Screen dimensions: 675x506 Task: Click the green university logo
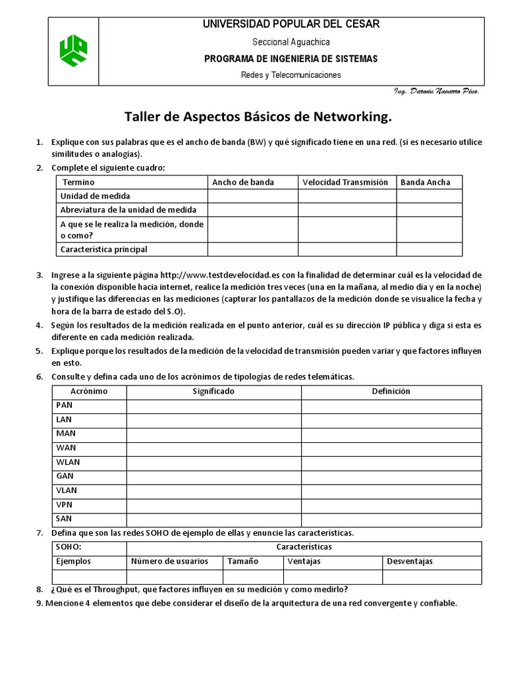tap(73, 51)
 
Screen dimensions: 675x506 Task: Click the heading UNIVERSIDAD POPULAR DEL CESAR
tap(291, 24)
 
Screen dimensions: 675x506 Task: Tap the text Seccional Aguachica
tap(291, 42)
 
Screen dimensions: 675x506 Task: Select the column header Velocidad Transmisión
tap(346, 182)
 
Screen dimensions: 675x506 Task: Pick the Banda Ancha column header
tap(426, 182)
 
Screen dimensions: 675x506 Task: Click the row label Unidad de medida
tap(96, 196)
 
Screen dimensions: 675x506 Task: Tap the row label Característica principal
tap(104, 249)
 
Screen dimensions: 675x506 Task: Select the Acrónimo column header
tap(89, 392)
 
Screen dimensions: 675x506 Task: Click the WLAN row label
tap(68, 462)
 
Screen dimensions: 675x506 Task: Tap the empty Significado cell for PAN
tap(213, 405)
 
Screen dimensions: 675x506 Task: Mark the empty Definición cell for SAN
tap(391, 519)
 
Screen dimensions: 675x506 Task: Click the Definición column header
tap(391, 392)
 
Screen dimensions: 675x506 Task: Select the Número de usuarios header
tap(169, 562)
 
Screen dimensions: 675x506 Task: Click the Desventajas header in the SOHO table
tap(410, 562)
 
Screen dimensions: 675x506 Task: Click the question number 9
tap(39, 603)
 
